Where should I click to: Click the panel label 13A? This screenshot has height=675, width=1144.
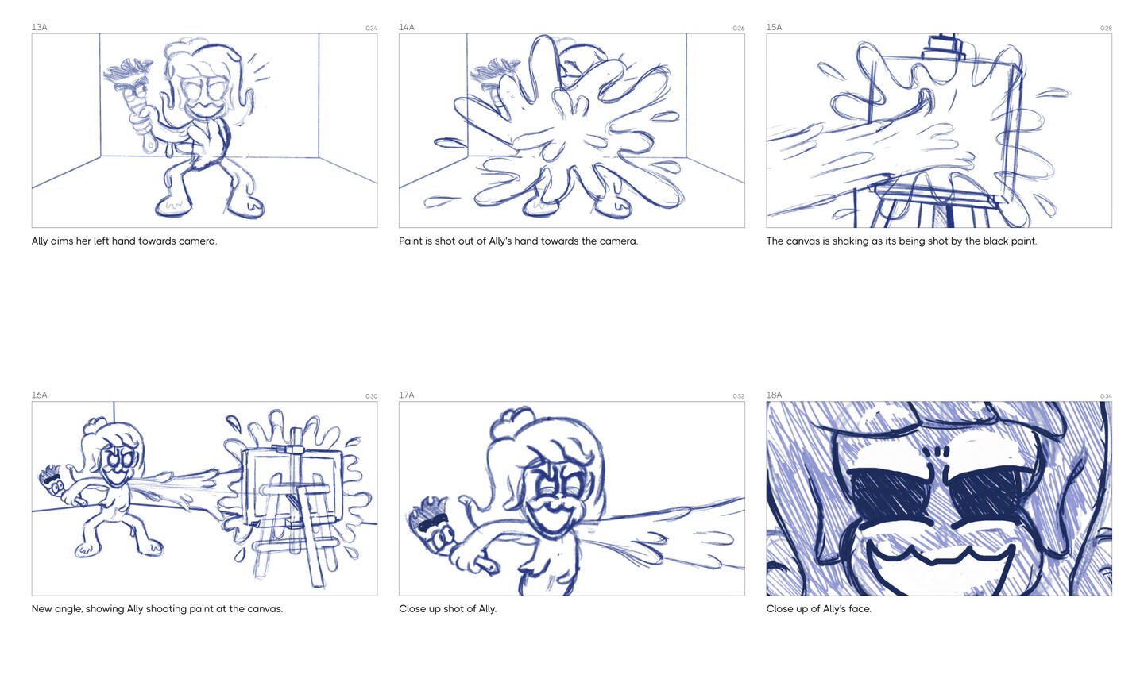coord(40,27)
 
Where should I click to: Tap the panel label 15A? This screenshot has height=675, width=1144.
coord(774,27)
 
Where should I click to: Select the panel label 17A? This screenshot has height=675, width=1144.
coord(407,395)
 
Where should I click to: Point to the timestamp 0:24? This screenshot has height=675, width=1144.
coord(371,29)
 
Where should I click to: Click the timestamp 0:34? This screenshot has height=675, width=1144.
coord(1106,396)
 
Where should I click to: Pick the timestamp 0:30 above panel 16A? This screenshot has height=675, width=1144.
coord(371,396)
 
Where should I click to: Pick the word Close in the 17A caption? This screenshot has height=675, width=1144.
coord(411,608)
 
